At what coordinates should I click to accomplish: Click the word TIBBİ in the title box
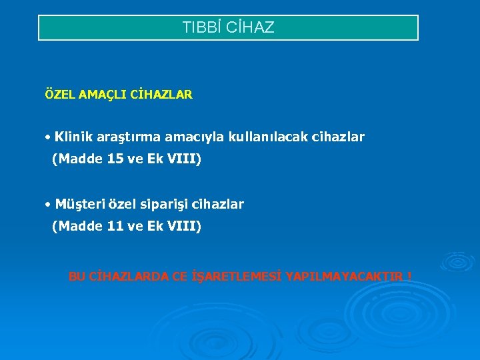[x=199, y=28]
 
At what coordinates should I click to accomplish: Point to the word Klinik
[x=74, y=137]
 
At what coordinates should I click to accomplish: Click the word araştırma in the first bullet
[x=129, y=137]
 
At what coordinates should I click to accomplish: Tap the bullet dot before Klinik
[x=49, y=138]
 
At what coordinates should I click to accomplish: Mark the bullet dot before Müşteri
[x=49, y=205]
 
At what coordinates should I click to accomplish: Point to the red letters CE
[x=180, y=277]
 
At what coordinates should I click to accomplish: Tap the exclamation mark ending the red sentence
[x=409, y=277]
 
